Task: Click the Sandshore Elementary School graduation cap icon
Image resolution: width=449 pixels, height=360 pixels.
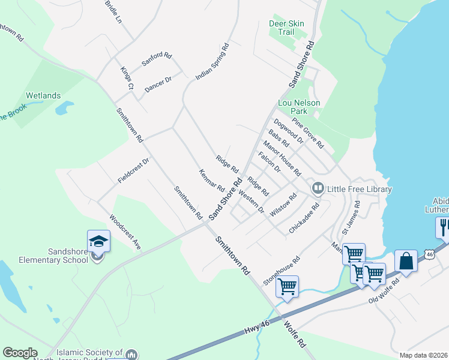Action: click(x=98, y=242)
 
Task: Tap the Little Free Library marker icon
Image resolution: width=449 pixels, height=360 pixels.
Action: click(x=318, y=189)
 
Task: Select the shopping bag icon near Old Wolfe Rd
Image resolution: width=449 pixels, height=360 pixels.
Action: click(x=406, y=262)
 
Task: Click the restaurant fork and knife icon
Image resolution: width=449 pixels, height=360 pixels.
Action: click(x=444, y=226)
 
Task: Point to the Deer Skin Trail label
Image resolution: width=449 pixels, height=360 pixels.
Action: click(x=286, y=28)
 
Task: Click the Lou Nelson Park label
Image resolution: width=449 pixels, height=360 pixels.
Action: click(x=298, y=107)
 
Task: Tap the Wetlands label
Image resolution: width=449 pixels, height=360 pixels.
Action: click(x=43, y=95)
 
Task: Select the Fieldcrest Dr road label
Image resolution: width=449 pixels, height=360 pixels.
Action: click(x=133, y=170)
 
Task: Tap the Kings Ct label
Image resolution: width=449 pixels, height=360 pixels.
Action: click(x=126, y=79)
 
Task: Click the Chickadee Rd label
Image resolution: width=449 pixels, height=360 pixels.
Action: click(x=304, y=218)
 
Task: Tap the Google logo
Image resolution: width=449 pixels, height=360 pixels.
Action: click(x=20, y=353)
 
